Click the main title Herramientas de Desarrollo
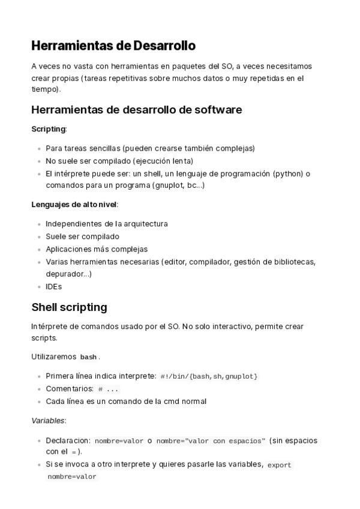pos(113,46)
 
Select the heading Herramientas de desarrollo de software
pos(136,110)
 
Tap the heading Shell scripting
pos(69,307)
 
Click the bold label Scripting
pos(48,129)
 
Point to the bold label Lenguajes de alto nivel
pos(74,205)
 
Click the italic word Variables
pos(48,421)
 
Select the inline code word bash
pos(88,357)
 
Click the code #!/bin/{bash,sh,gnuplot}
pos(209,376)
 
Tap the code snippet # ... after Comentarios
pos(108,389)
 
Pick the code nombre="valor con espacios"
pos(210,441)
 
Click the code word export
pos(279,465)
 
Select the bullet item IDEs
pos(53,287)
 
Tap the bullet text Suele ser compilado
pos(82,236)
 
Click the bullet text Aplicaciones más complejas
pos(97,249)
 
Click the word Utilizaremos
pos(53,357)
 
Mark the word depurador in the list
pos(65,274)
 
